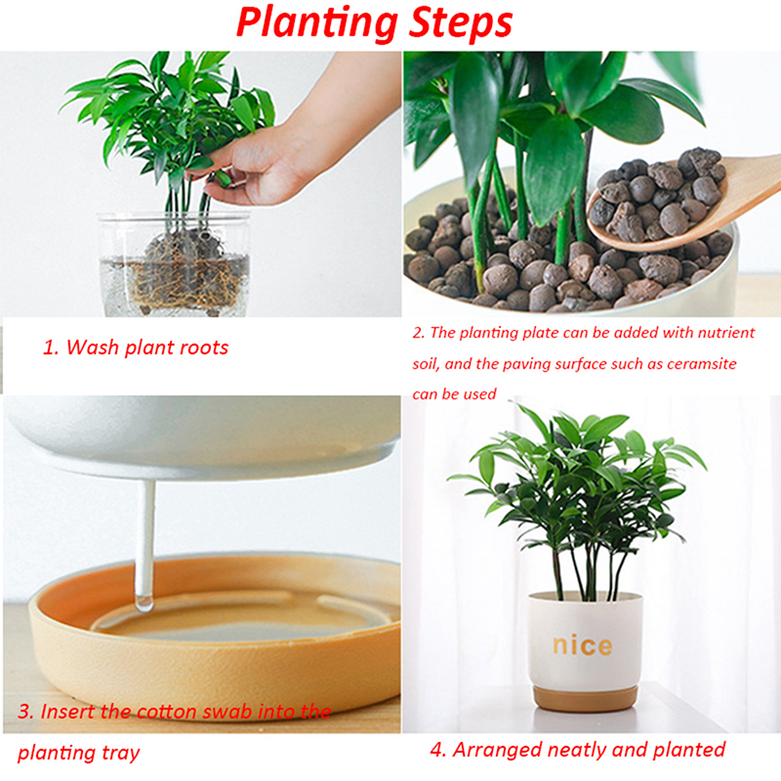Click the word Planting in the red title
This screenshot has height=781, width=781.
click(x=317, y=23)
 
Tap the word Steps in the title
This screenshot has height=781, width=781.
click(x=461, y=22)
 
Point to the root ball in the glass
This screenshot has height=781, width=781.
click(x=184, y=271)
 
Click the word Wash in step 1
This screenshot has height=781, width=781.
click(x=92, y=348)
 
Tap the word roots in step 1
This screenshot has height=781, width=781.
click(x=205, y=349)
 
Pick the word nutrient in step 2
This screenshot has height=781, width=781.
click(x=726, y=332)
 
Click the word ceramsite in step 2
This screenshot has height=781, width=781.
click(x=701, y=363)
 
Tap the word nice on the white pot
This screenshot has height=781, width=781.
click(x=582, y=645)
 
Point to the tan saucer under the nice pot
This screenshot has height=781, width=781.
click(x=585, y=698)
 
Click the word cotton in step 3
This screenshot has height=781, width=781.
click(x=166, y=712)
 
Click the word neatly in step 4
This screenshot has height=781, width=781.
click(x=569, y=750)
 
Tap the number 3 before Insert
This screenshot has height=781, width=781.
click(x=23, y=712)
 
